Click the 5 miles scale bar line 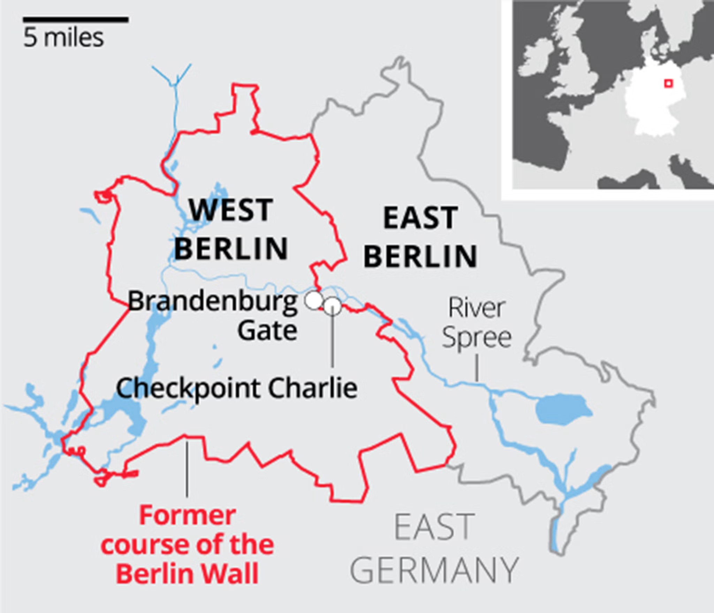click(x=76, y=20)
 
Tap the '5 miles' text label click(x=63, y=38)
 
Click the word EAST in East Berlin click(x=420, y=218)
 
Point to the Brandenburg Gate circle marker click(x=314, y=300)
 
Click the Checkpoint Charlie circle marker click(x=333, y=306)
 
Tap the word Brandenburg click(x=213, y=301)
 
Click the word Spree click(x=477, y=338)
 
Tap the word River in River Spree click(x=476, y=308)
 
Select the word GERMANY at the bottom click(x=434, y=570)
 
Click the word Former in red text click(x=187, y=516)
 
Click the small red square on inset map click(x=668, y=84)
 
